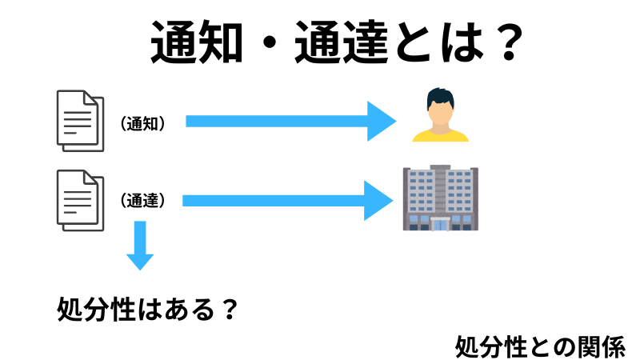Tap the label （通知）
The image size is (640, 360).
point(142,123)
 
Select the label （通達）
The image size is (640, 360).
point(143,201)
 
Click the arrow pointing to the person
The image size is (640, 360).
point(291,121)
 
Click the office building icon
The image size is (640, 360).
point(439,198)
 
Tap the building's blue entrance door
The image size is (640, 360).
point(439,223)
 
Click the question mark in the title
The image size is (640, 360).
point(501,42)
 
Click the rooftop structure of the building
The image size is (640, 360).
point(439,169)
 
